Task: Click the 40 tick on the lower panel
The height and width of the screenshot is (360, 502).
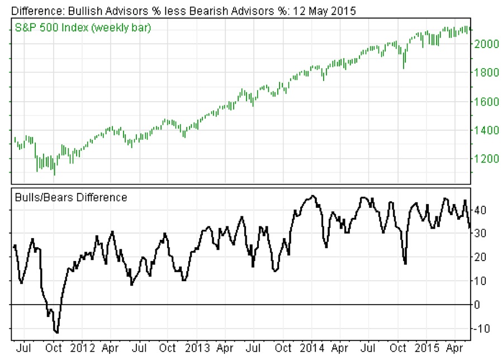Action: coord(480,210)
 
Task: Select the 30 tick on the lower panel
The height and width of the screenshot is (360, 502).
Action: coord(480,234)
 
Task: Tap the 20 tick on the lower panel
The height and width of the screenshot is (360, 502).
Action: coord(480,257)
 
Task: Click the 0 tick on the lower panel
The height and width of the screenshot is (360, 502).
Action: coord(477,305)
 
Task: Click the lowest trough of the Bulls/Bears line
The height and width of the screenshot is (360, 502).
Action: coord(56,333)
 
